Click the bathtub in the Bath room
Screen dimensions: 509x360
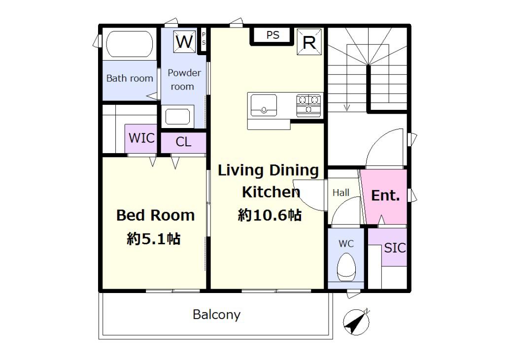pyautogui.click(x=130, y=44)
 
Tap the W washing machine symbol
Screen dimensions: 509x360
pyautogui.click(x=185, y=41)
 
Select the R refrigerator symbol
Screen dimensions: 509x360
pyautogui.click(x=309, y=41)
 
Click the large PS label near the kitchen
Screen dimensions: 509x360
pyautogui.click(x=272, y=35)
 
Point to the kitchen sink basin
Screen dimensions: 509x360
pyautogui.click(x=264, y=104)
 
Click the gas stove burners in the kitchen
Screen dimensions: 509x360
pyautogui.click(x=308, y=105)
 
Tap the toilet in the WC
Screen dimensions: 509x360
pyautogui.click(x=346, y=267)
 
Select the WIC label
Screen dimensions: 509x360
pyautogui.click(x=141, y=138)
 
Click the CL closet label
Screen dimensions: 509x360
pyautogui.click(x=183, y=142)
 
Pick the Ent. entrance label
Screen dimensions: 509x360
pyautogui.click(x=385, y=195)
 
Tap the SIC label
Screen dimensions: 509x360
pyautogui.click(x=395, y=248)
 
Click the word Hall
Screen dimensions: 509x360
pyautogui.click(x=341, y=193)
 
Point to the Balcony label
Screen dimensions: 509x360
pyautogui.click(x=216, y=315)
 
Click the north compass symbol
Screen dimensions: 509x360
pyautogui.click(x=356, y=322)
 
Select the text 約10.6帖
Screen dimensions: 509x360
pyautogui.click(x=270, y=215)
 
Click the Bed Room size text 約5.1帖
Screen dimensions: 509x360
pyautogui.click(x=154, y=239)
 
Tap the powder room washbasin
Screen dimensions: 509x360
pyautogui.click(x=177, y=117)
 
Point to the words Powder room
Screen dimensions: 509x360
pyautogui.click(x=183, y=80)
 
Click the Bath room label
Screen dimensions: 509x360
pyautogui.click(x=130, y=78)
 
